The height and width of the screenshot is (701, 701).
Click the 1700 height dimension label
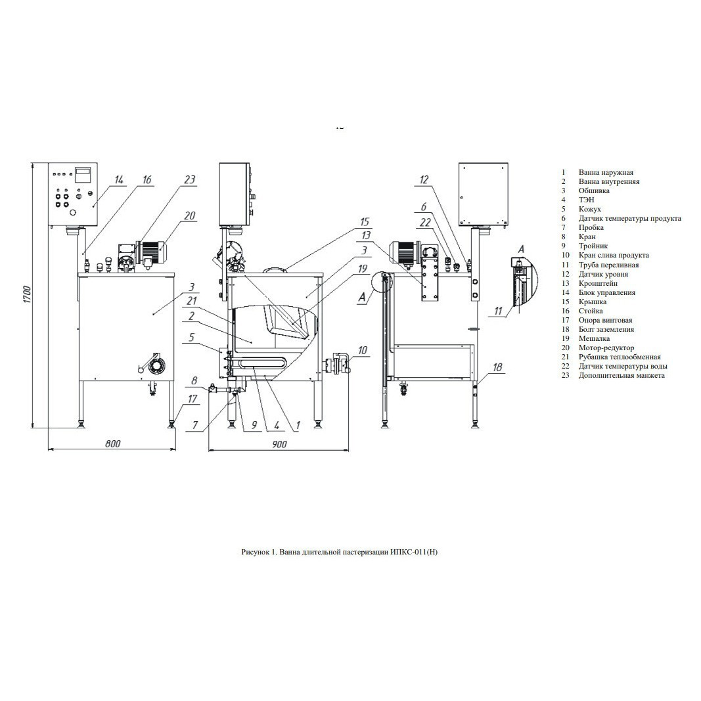pos(27,294)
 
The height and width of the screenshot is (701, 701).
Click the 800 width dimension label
pos(112,444)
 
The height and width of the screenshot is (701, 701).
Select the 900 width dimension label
pos(279,444)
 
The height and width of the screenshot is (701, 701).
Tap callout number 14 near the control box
pos(118,180)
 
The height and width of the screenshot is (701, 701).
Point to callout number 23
pos(190,179)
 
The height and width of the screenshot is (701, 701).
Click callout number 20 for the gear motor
pos(190,215)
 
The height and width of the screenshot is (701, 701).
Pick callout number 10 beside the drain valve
pos(363,350)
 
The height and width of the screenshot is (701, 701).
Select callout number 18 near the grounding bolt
pos(497,367)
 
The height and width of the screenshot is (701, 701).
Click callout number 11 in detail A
pos(499,311)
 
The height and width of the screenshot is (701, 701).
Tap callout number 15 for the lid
pos(365,222)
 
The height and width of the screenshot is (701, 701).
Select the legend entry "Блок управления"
pos(606,292)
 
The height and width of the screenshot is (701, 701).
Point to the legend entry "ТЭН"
pos(586,200)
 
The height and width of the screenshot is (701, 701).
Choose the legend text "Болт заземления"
pos(606,329)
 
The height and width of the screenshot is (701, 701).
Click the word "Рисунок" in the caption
pos(255,552)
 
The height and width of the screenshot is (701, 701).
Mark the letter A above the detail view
pos(520,250)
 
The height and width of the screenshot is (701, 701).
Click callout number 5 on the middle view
pos(191,336)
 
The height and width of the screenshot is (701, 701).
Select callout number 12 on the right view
pos(424,180)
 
